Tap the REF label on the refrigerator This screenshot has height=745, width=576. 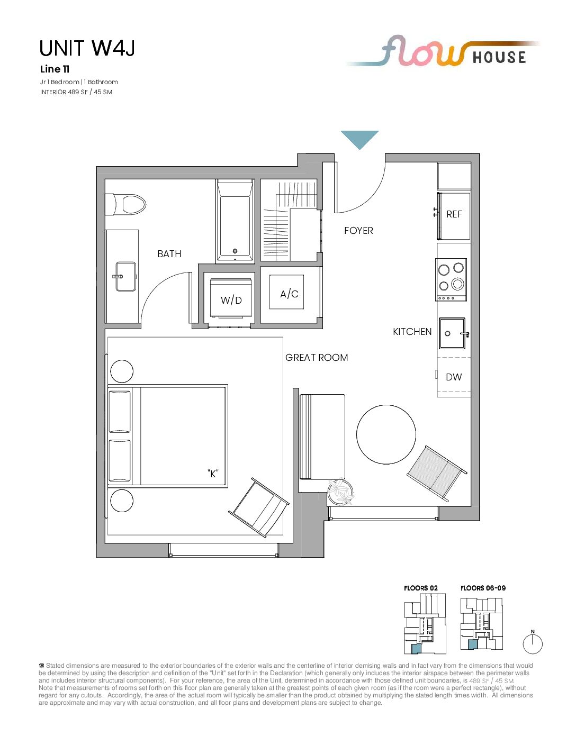pyautogui.click(x=454, y=214)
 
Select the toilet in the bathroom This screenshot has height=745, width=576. pyautogui.click(x=125, y=205)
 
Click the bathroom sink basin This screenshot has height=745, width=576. pyautogui.click(x=125, y=276)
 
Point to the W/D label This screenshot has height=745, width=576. pyautogui.click(x=231, y=301)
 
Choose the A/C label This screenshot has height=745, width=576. pyautogui.click(x=289, y=294)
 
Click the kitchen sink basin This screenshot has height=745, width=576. pyautogui.click(x=452, y=333)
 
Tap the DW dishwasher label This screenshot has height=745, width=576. pyautogui.click(x=454, y=377)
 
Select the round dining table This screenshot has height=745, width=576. pyautogui.click(x=386, y=434)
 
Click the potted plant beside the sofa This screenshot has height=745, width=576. pyautogui.click(x=341, y=492)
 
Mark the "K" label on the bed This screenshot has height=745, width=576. pyautogui.click(x=213, y=474)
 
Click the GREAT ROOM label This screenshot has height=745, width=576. pyautogui.click(x=317, y=358)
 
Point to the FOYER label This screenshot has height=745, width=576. pyautogui.click(x=358, y=230)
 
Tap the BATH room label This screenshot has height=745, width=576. pyautogui.click(x=169, y=253)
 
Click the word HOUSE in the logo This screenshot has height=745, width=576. pyautogui.click(x=499, y=57)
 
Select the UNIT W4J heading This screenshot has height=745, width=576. pyautogui.click(x=87, y=48)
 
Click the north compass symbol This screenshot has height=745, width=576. pyautogui.click(x=533, y=642)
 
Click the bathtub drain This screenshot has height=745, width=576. pyautogui.click(x=235, y=251)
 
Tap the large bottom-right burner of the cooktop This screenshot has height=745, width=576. pyautogui.click(x=457, y=284)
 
